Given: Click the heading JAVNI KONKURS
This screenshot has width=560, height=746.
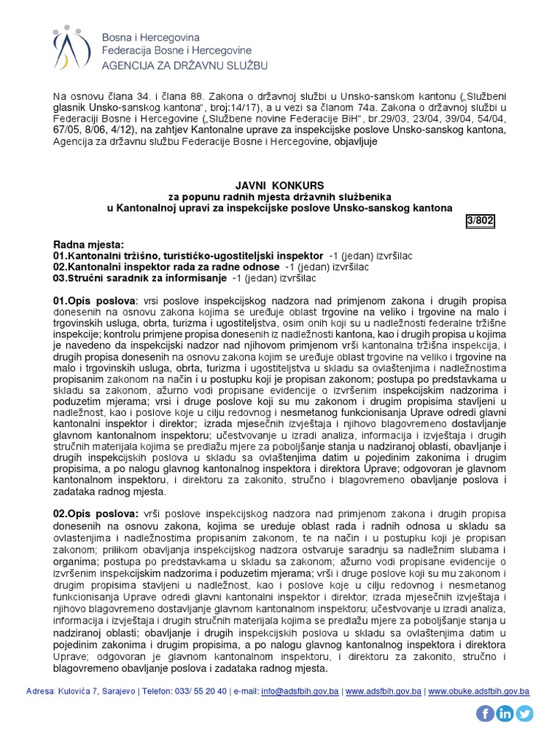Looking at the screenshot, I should [280, 186].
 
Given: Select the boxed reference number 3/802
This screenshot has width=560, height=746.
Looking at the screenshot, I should [480, 221].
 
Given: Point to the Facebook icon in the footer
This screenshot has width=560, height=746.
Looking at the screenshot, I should [486, 713].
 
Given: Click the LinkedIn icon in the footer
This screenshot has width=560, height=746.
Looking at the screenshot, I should [505, 713].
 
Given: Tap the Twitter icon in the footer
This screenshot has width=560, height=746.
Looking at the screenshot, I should [524, 713].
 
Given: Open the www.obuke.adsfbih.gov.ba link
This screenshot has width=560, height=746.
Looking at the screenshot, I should [478, 691].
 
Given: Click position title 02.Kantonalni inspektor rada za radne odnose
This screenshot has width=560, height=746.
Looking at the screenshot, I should [166, 267].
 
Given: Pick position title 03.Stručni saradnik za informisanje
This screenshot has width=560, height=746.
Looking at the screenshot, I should [140, 278].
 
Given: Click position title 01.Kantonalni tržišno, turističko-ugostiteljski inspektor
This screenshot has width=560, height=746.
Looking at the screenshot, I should [188, 256].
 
